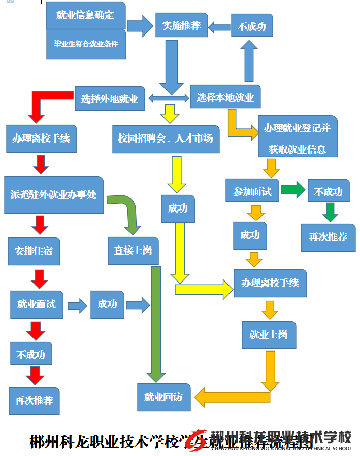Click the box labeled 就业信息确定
[x=85, y=15]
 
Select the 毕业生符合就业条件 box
[x=86, y=44]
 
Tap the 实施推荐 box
[x=181, y=25]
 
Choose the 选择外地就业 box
[x=110, y=98]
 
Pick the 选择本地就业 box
[x=225, y=97]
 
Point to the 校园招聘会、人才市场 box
[x=166, y=138]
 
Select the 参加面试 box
[x=252, y=191]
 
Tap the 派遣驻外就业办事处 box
[x=54, y=194]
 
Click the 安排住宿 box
[x=34, y=251]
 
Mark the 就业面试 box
[x=37, y=304]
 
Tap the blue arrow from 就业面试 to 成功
[x=77, y=305]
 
